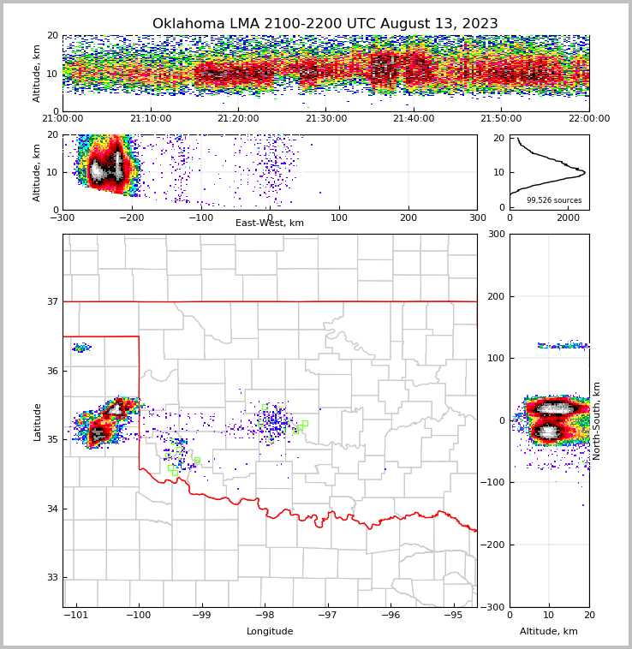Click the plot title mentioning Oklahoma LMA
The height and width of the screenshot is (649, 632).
(325, 24)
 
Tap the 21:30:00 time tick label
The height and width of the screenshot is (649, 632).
(326, 119)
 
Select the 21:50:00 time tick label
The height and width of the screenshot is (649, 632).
(501, 119)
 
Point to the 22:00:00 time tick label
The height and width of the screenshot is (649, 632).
(588, 119)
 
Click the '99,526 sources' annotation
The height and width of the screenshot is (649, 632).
(554, 200)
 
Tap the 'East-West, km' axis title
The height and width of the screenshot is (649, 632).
(270, 223)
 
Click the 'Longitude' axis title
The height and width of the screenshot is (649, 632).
(270, 632)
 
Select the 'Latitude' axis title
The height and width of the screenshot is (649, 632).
(38, 421)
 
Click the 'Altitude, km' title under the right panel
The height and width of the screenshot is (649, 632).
(549, 632)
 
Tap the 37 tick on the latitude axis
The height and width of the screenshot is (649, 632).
(52, 301)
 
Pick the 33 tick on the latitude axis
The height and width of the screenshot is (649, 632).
(52, 577)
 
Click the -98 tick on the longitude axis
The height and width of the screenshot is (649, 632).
(265, 615)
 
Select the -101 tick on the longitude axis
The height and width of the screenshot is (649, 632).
(76, 615)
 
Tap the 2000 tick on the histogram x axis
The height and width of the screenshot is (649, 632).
(568, 217)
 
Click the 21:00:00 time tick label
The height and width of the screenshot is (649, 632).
(63, 119)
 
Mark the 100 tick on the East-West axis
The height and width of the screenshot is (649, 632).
(339, 217)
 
